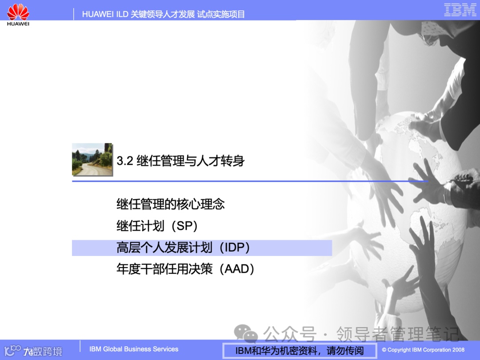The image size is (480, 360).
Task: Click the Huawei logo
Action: pos(18,14)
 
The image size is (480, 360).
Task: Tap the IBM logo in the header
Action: pos(460,10)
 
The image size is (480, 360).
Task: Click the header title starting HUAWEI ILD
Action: pos(163,14)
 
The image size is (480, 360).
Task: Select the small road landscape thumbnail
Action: pos(92,159)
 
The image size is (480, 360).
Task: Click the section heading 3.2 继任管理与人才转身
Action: pos(180,160)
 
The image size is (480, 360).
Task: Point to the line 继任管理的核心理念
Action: pos(171,204)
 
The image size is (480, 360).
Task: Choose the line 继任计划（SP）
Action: pos(157,226)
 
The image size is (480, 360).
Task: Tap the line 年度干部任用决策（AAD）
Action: pos(185,269)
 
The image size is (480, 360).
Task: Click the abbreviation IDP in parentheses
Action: pos(236,248)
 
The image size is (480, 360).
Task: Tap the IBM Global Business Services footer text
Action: pos(134,349)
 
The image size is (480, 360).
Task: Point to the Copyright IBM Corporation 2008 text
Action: pos(423,350)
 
